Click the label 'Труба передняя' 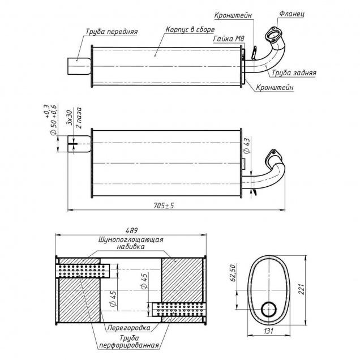click(112, 32)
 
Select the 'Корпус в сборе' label click(190, 29)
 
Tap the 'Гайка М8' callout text click(229, 38)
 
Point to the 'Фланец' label click(292, 14)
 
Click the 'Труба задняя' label click(294, 73)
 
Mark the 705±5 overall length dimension click(164, 205)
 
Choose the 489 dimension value click(131, 230)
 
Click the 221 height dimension click(301, 289)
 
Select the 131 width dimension click(269, 331)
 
